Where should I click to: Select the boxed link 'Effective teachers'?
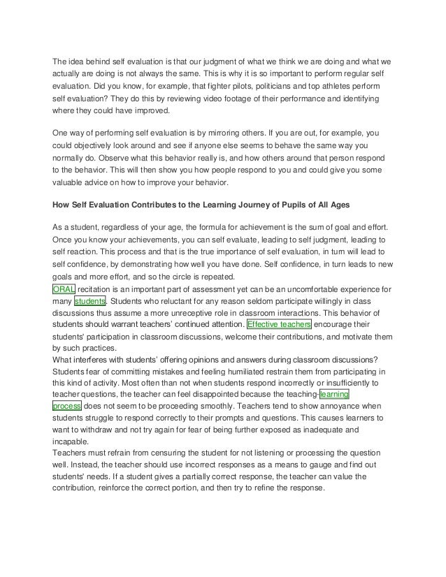click(x=279, y=326)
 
